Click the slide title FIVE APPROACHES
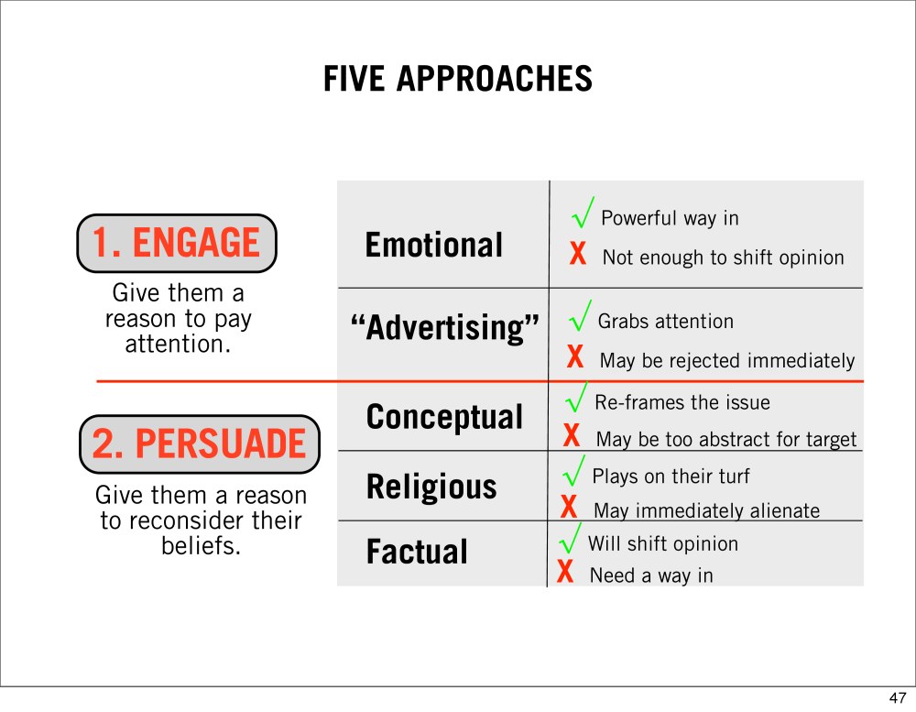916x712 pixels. coord(458,79)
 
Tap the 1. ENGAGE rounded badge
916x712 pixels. coord(177,243)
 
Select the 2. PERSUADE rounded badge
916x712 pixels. coord(199,444)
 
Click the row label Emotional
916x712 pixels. coord(433,245)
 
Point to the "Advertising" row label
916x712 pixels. coord(444,328)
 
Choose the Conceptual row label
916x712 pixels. coord(444,417)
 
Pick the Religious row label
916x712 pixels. coord(431,487)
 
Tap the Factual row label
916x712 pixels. coord(417,552)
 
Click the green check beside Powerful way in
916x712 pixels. coord(583,212)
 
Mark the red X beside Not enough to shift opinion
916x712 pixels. coord(578,255)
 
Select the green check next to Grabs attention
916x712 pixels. coord(580,315)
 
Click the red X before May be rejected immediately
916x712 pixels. coord(575,356)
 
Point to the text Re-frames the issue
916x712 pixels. coord(682,403)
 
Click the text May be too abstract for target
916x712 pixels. coord(726,440)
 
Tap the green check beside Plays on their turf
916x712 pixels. coord(573,471)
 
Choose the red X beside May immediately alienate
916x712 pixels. coord(569,507)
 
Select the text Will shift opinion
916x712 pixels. coord(663,543)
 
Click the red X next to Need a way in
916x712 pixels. coord(565,571)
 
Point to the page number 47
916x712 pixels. coord(898,698)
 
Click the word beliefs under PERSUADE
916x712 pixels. coord(201,546)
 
